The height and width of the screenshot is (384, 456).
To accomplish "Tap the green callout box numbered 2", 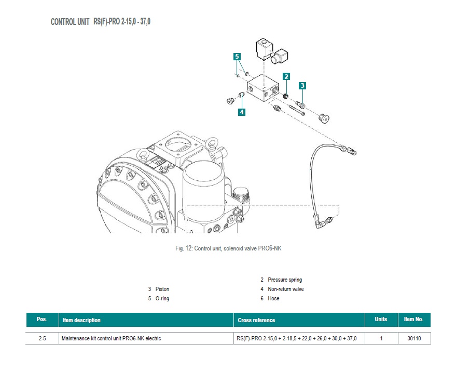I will pyautogui.click(x=286, y=76).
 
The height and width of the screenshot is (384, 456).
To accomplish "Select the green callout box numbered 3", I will pyautogui.click(x=302, y=86).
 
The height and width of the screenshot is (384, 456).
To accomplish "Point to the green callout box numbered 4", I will pyautogui.click(x=242, y=111).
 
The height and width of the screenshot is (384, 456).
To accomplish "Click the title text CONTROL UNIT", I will pyautogui.click(x=70, y=22).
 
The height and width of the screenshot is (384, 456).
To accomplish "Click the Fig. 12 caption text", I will pyautogui.click(x=228, y=248).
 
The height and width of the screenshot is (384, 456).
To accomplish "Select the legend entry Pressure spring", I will pyautogui.click(x=284, y=280).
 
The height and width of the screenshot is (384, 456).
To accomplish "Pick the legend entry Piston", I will pyautogui.click(x=162, y=289).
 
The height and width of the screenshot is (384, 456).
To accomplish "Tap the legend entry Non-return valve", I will pyautogui.click(x=285, y=289).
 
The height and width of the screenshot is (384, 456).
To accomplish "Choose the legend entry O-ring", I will pyautogui.click(x=162, y=298).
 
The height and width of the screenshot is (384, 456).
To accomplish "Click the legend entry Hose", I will pyautogui.click(x=273, y=298).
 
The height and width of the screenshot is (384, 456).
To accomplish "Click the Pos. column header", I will pyautogui.click(x=42, y=320).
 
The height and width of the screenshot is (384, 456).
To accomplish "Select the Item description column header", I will pyautogui.click(x=81, y=320).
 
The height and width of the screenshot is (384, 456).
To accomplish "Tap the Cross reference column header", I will pyautogui.click(x=256, y=320).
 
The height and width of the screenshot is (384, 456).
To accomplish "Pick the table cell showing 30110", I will pyautogui.click(x=413, y=338).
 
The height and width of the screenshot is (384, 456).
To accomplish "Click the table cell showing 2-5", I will pyautogui.click(x=42, y=338).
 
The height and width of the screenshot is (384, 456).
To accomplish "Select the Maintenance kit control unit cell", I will pyautogui.click(x=112, y=338).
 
